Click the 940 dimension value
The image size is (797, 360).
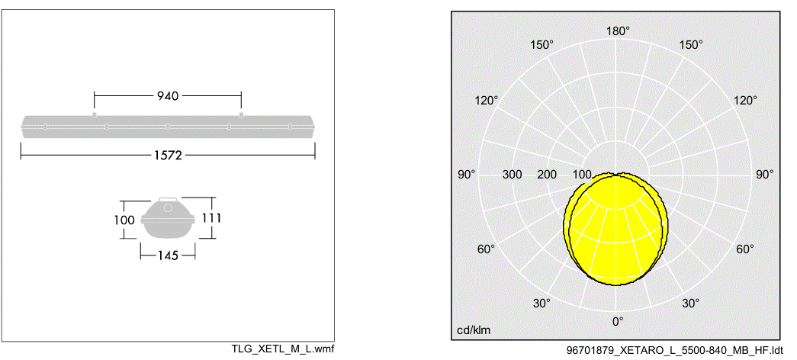tap(168, 95)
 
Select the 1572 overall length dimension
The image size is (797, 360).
tap(168, 155)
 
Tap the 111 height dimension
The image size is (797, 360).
tap(211, 217)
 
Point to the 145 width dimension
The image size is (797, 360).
tap(168, 256)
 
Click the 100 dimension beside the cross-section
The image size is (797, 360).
tap(124, 220)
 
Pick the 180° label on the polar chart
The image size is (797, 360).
tap(618, 31)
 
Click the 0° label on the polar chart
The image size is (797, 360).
tap(618, 321)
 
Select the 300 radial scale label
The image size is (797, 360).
tap(512, 175)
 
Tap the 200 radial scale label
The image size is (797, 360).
tap(547, 175)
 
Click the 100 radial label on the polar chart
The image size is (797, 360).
tap(582, 175)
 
